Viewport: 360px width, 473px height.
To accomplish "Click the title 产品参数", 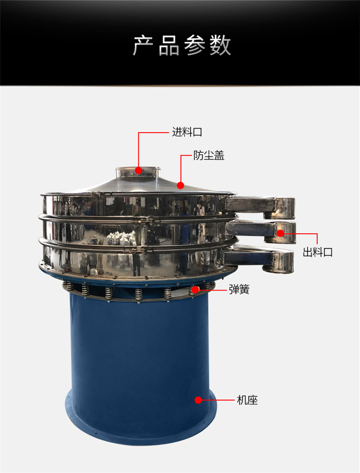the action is point(182,45).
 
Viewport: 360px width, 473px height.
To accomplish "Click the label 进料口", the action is point(187,132).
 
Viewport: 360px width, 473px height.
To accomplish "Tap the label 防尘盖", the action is point(209,156).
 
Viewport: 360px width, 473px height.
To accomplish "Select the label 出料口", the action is point(317,252).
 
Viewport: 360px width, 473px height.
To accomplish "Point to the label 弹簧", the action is point(239,289).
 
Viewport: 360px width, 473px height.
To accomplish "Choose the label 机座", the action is point(247,400).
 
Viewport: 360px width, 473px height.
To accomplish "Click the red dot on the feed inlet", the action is point(138,170).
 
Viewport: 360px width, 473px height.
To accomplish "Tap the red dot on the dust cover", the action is point(180,185).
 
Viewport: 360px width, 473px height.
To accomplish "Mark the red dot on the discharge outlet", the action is point(280,233).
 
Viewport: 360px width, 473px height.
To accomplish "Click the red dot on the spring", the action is point(195,290).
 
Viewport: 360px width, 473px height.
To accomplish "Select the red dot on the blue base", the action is point(198,400).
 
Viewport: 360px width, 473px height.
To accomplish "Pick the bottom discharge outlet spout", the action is point(259,259).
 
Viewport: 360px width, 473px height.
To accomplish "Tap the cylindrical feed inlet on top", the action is point(138,172).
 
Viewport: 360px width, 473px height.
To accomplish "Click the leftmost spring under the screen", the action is point(69,286).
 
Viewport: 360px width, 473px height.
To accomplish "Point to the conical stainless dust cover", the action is point(138,184).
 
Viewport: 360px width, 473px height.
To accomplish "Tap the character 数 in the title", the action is point(220,45).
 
